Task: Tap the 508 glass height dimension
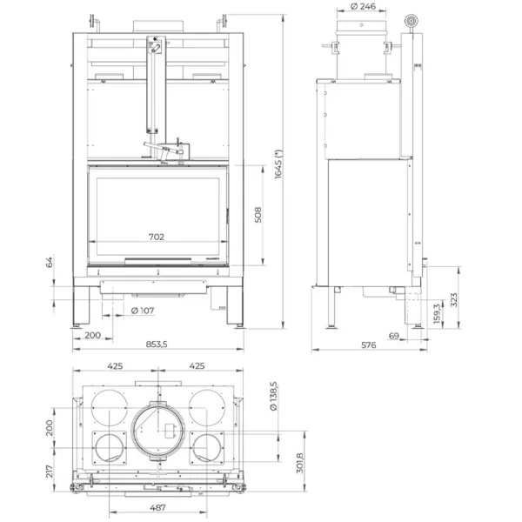[x=258, y=215]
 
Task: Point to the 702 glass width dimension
[x=157, y=237]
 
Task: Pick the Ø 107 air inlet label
[x=143, y=311]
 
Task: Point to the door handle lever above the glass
[x=171, y=151]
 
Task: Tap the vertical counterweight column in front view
[x=155, y=87]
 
